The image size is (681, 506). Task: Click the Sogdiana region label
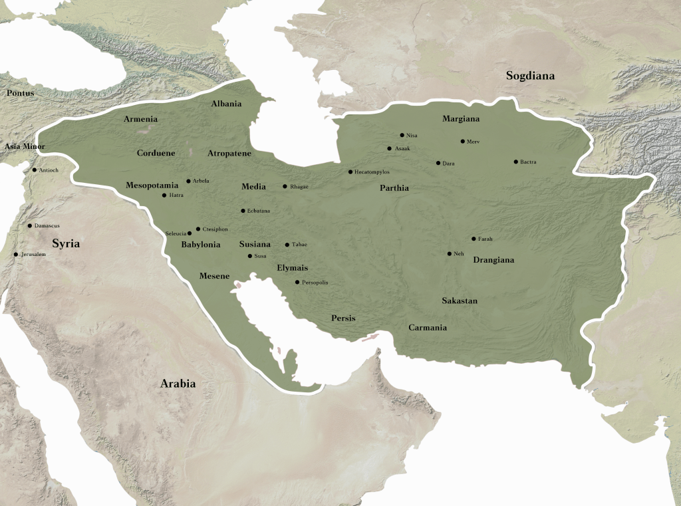(x=530, y=76)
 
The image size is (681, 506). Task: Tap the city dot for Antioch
(x=35, y=170)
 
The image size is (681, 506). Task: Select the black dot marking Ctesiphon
(x=198, y=229)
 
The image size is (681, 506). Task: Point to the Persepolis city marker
(x=297, y=283)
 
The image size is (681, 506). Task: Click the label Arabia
(x=178, y=384)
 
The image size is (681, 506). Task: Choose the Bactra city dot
(x=515, y=162)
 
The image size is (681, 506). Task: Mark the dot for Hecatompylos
(x=350, y=172)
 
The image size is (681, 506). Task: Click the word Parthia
(x=394, y=188)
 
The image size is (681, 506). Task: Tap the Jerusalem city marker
(x=16, y=254)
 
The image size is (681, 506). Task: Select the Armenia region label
(x=140, y=119)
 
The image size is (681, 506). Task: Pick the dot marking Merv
(x=463, y=142)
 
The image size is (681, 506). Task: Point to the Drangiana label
(x=493, y=260)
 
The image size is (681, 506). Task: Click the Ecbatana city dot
(x=243, y=211)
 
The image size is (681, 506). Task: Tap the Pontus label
(x=20, y=93)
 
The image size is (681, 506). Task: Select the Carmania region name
(x=428, y=328)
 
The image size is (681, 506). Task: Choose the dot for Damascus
(x=30, y=226)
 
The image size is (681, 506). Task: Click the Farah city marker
(x=474, y=239)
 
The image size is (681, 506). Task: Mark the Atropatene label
(x=229, y=153)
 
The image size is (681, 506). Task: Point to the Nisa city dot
(x=402, y=135)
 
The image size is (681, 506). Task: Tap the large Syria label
(x=66, y=244)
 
